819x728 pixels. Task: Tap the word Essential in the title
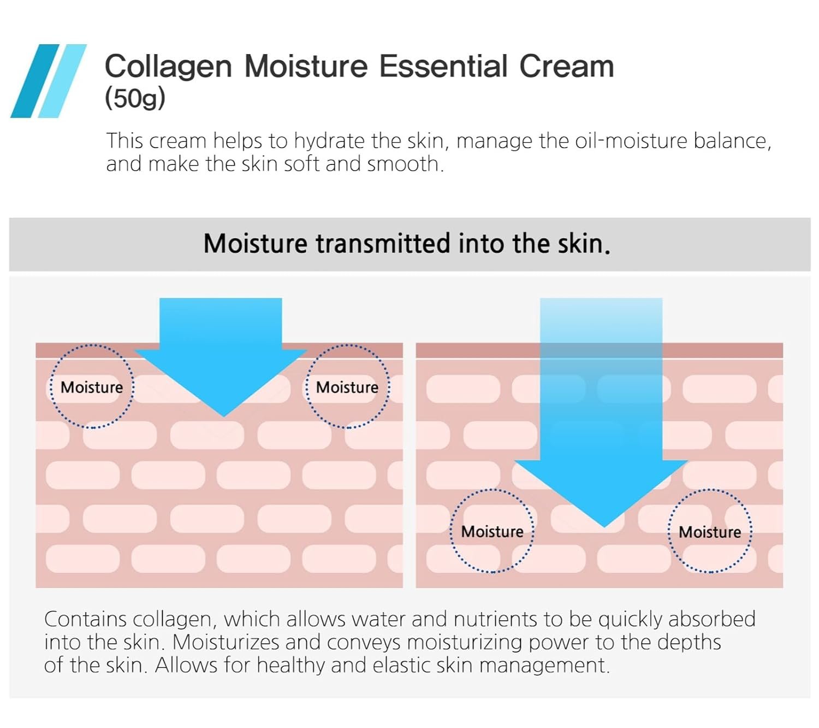click(443, 66)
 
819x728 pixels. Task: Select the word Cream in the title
click(566, 66)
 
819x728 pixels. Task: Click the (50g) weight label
click(135, 98)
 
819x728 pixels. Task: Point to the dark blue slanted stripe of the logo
click(35, 81)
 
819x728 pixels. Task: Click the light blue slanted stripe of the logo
click(62, 81)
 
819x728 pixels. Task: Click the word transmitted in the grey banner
click(382, 244)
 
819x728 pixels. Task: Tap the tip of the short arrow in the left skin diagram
click(223, 416)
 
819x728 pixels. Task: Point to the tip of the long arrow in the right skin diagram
click(604, 527)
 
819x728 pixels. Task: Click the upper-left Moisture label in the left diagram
click(92, 388)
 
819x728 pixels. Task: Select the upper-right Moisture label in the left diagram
click(347, 388)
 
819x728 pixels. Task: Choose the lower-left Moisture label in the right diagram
click(492, 531)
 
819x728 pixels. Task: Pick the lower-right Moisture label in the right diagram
click(710, 532)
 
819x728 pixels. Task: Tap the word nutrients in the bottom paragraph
click(495, 620)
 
